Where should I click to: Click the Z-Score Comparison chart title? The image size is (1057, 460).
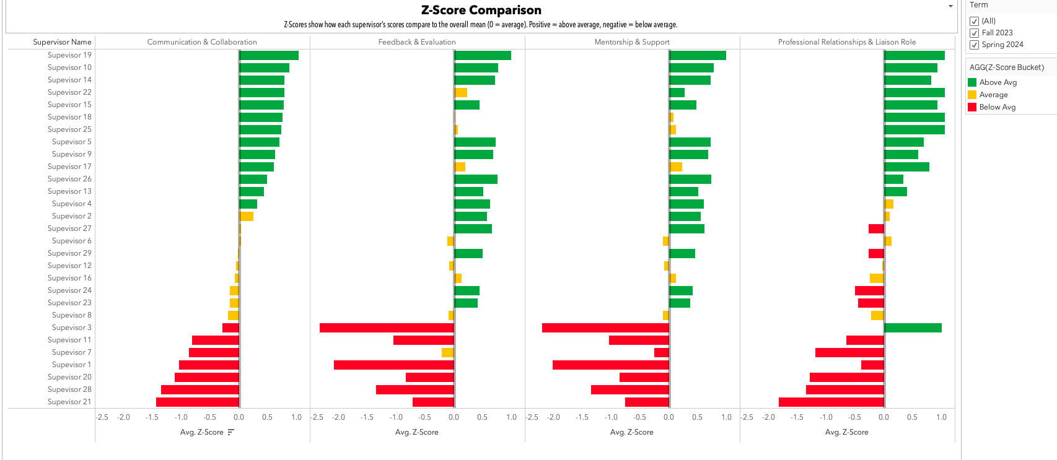[x=481, y=10]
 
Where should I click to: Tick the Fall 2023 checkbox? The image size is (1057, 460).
[x=975, y=33]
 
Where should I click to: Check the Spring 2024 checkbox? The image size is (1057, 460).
[x=975, y=45]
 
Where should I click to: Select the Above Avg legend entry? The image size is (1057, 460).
[x=998, y=82]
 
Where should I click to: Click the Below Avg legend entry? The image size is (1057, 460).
[x=997, y=107]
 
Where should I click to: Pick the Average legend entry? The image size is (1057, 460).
[x=993, y=95]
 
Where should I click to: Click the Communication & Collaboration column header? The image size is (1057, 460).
[x=202, y=42]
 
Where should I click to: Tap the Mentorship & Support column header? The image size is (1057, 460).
[x=632, y=42]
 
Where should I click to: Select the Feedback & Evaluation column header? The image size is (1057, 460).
[x=417, y=42]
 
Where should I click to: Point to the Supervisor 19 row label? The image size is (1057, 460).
[x=69, y=55]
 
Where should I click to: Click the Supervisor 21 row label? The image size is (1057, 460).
[x=69, y=402]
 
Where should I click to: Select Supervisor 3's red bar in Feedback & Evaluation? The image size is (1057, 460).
[x=387, y=328]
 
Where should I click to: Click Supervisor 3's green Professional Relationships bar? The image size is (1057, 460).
[x=913, y=328]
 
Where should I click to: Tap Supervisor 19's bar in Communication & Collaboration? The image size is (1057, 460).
[x=269, y=55]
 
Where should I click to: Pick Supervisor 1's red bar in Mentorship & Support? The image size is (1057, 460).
[x=610, y=365]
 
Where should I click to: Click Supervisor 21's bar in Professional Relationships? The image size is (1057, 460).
[x=831, y=402]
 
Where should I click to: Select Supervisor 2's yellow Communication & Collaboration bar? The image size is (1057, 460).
[x=247, y=216]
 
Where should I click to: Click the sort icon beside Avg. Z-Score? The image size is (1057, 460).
[x=231, y=432]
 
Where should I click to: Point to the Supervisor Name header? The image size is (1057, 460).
[x=62, y=42]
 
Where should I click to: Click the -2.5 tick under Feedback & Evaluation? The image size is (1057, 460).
[x=317, y=417]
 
